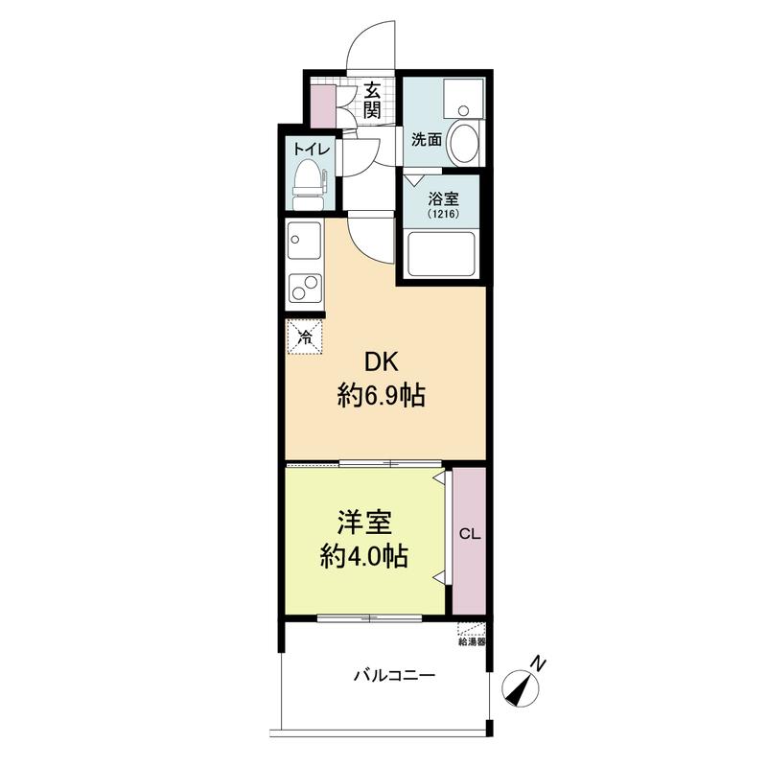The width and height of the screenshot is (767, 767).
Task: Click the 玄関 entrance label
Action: [372, 101]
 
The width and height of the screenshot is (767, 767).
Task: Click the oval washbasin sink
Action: [465, 143]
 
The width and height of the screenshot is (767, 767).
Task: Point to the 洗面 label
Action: [427, 139]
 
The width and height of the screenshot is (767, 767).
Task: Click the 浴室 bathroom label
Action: [443, 198]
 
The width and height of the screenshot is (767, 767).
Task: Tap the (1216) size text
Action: [443, 214]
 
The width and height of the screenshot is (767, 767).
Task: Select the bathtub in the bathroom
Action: [442, 254]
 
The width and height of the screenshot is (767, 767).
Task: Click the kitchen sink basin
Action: [304, 241]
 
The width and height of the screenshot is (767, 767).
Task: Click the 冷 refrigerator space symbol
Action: [305, 337]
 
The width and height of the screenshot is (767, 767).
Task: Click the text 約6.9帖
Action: [381, 395]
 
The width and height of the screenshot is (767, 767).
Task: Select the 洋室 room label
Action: [364, 523]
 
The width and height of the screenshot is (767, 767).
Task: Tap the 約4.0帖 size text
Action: [364, 556]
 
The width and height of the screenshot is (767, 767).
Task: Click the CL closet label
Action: [470, 534]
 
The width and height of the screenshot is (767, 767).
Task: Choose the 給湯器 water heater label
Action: [472, 641]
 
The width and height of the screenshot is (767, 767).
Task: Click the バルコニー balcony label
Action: [395, 677]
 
